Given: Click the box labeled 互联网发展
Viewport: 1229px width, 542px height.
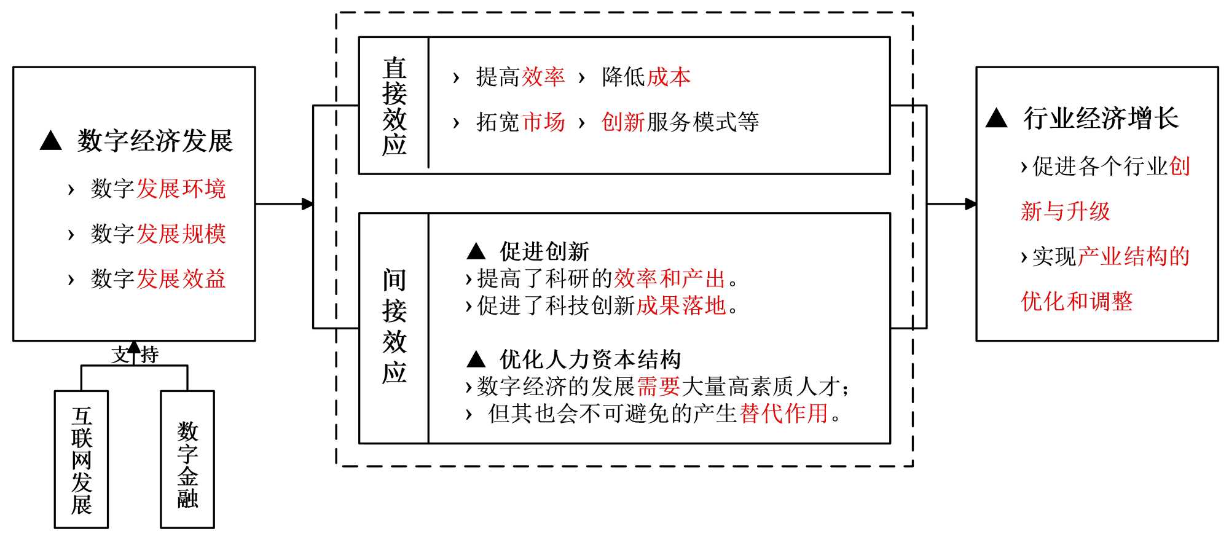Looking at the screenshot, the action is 81,460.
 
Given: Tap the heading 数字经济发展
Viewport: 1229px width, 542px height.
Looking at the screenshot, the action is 155,141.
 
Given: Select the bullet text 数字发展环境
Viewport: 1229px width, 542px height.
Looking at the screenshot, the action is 158,189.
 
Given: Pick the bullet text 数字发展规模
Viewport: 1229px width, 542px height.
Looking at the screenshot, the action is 158,234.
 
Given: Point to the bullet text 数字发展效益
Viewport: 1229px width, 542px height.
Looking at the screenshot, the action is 158,279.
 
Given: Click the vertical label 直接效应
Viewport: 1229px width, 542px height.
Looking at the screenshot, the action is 394,106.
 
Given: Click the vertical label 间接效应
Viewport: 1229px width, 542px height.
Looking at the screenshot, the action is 394,326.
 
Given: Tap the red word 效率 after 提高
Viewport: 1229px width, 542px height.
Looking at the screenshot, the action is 543,77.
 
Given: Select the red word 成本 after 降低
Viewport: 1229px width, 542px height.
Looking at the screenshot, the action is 669,77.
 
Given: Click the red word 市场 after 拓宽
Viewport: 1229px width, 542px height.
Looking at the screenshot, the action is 543,122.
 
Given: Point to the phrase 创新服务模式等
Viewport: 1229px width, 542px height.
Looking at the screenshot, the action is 680,122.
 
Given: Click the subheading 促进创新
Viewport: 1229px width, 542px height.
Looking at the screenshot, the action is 544,251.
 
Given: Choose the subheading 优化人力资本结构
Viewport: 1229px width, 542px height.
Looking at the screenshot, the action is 590,359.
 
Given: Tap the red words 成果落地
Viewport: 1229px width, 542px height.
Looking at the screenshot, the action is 681,305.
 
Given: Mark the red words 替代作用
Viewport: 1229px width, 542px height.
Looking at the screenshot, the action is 784,414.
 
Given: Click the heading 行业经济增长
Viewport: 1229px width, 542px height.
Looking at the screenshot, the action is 1101,118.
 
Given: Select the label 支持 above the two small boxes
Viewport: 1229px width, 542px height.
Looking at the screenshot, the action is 135,355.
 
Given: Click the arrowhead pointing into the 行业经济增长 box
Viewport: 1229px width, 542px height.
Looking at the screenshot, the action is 970,204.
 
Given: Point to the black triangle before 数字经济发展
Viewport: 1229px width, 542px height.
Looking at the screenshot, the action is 50,141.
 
